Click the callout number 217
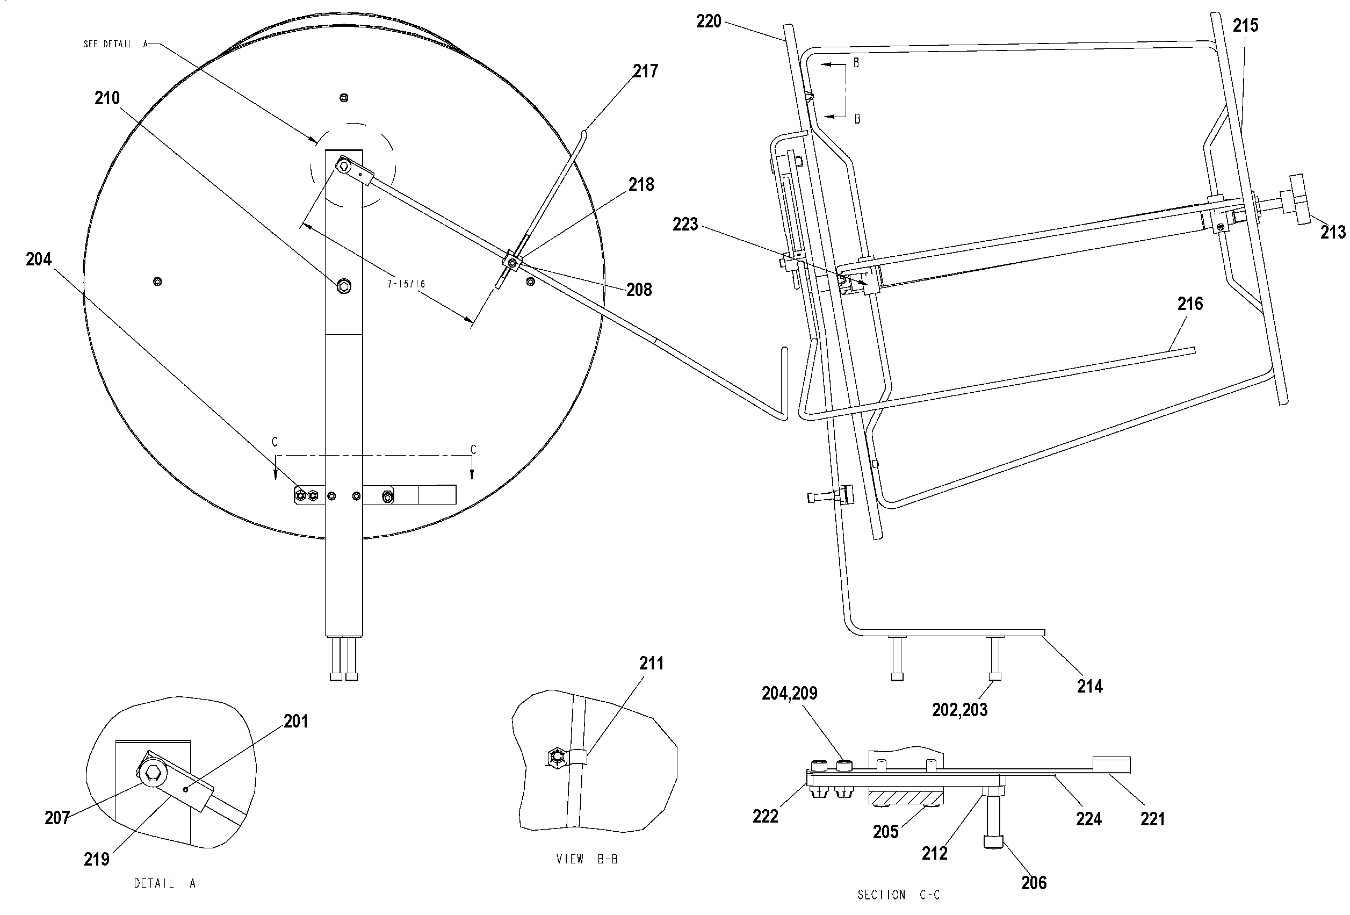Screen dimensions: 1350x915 tap(645, 71)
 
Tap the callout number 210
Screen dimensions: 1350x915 tap(107, 98)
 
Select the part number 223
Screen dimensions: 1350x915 tap(685, 224)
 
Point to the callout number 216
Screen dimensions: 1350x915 tap(1190, 304)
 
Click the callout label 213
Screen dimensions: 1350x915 tap(1333, 233)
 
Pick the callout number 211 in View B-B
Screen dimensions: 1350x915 tap(651, 664)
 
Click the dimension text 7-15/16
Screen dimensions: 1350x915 tap(407, 284)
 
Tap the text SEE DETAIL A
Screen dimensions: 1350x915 tap(115, 44)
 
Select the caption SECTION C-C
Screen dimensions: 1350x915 tap(899, 895)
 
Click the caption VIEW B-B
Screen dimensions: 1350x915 tap(587, 859)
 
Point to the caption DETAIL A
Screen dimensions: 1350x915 tap(165, 884)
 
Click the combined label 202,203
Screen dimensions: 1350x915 tap(959, 710)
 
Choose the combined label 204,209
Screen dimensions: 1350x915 tap(790, 693)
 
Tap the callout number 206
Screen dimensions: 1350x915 tap(1034, 883)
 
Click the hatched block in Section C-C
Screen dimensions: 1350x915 tap(906, 797)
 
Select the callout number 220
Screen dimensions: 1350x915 tap(709, 21)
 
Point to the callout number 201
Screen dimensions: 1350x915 tap(295, 722)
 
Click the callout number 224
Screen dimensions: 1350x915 tap(1088, 819)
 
